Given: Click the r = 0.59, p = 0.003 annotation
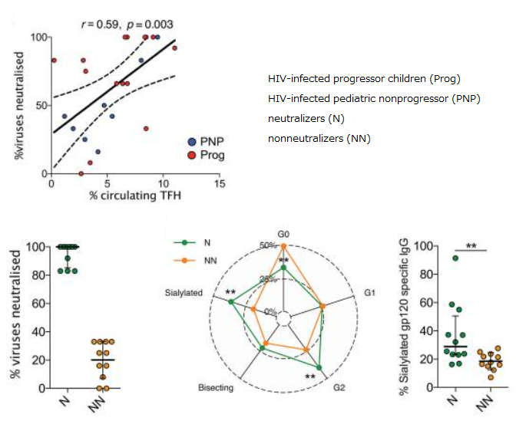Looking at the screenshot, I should (x=130, y=24).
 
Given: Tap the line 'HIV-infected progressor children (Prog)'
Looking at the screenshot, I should (x=364, y=80).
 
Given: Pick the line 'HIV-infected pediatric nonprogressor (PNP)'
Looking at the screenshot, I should (x=374, y=99).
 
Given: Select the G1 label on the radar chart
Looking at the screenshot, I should (x=369, y=294).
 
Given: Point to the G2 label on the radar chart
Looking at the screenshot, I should (x=339, y=387).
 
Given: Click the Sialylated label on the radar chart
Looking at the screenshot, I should (x=184, y=293).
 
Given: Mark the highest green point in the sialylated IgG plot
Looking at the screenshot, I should (x=455, y=258).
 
